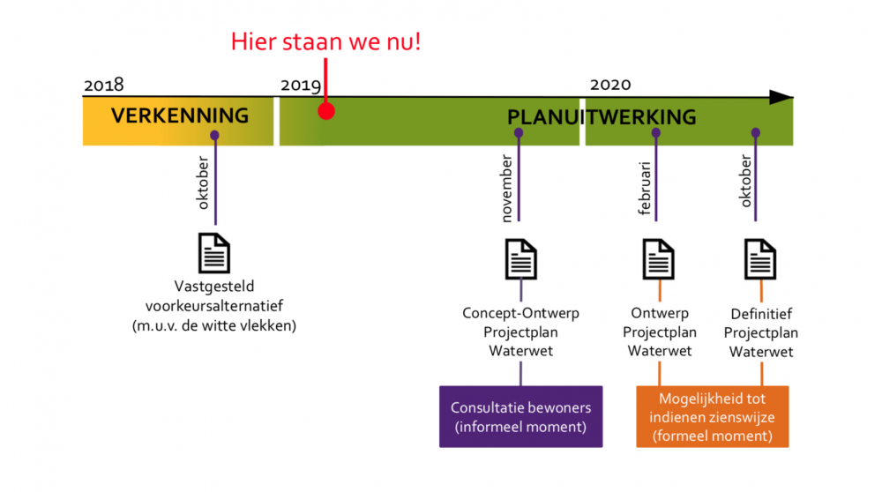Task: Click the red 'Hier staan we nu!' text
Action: click(325, 41)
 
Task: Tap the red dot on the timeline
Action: click(326, 111)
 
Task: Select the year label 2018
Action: click(103, 85)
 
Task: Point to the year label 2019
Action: click(301, 85)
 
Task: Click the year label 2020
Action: click(610, 85)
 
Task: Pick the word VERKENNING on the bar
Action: click(179, 116)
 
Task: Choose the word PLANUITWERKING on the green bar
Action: click(602, 117)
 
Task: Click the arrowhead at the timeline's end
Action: click(781, 97)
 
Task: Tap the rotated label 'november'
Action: click(506, 189)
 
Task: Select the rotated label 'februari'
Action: click(644, 189)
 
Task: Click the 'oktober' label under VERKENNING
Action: click(203, 183)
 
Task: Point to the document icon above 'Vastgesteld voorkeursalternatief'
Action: click(214, 253)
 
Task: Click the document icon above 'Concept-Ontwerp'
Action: click(521, 259)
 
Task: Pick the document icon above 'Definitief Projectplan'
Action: click(760, 259)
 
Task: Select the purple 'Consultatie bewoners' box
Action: click(521, 417)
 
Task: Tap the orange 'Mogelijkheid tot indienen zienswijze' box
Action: click(712, 417)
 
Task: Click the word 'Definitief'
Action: click(761, 314)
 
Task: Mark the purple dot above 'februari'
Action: click(656, 133)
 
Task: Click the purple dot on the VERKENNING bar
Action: click(214, 136)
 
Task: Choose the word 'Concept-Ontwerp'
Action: click(521, 314)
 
